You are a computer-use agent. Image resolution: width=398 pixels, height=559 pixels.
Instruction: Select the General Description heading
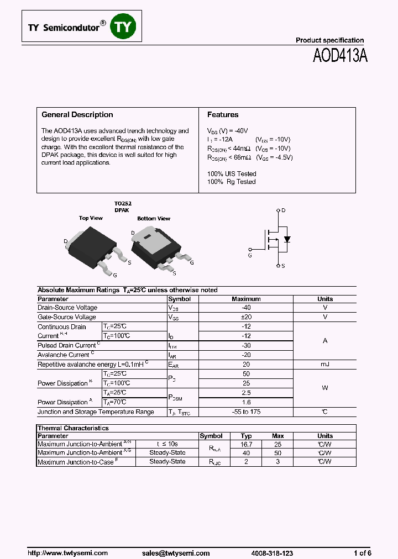tap(77, 115)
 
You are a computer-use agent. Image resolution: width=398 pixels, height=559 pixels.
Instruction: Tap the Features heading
tap(223, 115)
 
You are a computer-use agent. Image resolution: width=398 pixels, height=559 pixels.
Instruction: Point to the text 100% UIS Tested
tap(232, 174)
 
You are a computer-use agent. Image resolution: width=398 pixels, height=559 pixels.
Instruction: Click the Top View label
tap(91, 218)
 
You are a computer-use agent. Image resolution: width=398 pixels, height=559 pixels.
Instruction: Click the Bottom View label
tap(154, 219)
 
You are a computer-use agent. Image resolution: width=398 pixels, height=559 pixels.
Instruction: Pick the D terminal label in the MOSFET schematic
tap(284, 211)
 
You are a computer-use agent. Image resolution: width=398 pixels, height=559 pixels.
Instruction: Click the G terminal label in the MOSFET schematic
tap(250, 256)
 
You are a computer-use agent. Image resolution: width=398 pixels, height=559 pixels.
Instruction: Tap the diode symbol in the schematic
tap(287, 239)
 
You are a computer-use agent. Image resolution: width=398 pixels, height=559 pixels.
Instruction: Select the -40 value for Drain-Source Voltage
tap(246, 308)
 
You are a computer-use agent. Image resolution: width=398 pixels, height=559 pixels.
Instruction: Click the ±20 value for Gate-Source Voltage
tap(246, 317)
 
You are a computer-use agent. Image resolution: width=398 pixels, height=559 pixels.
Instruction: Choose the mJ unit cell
tap(325, 365)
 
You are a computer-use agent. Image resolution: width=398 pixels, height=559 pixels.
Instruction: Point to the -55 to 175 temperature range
tap(246, 412)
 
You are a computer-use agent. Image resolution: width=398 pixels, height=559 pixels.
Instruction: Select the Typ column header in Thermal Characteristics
tap(247, 436)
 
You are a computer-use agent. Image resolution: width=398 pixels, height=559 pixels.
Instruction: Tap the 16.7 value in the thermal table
tap(247, 444)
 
